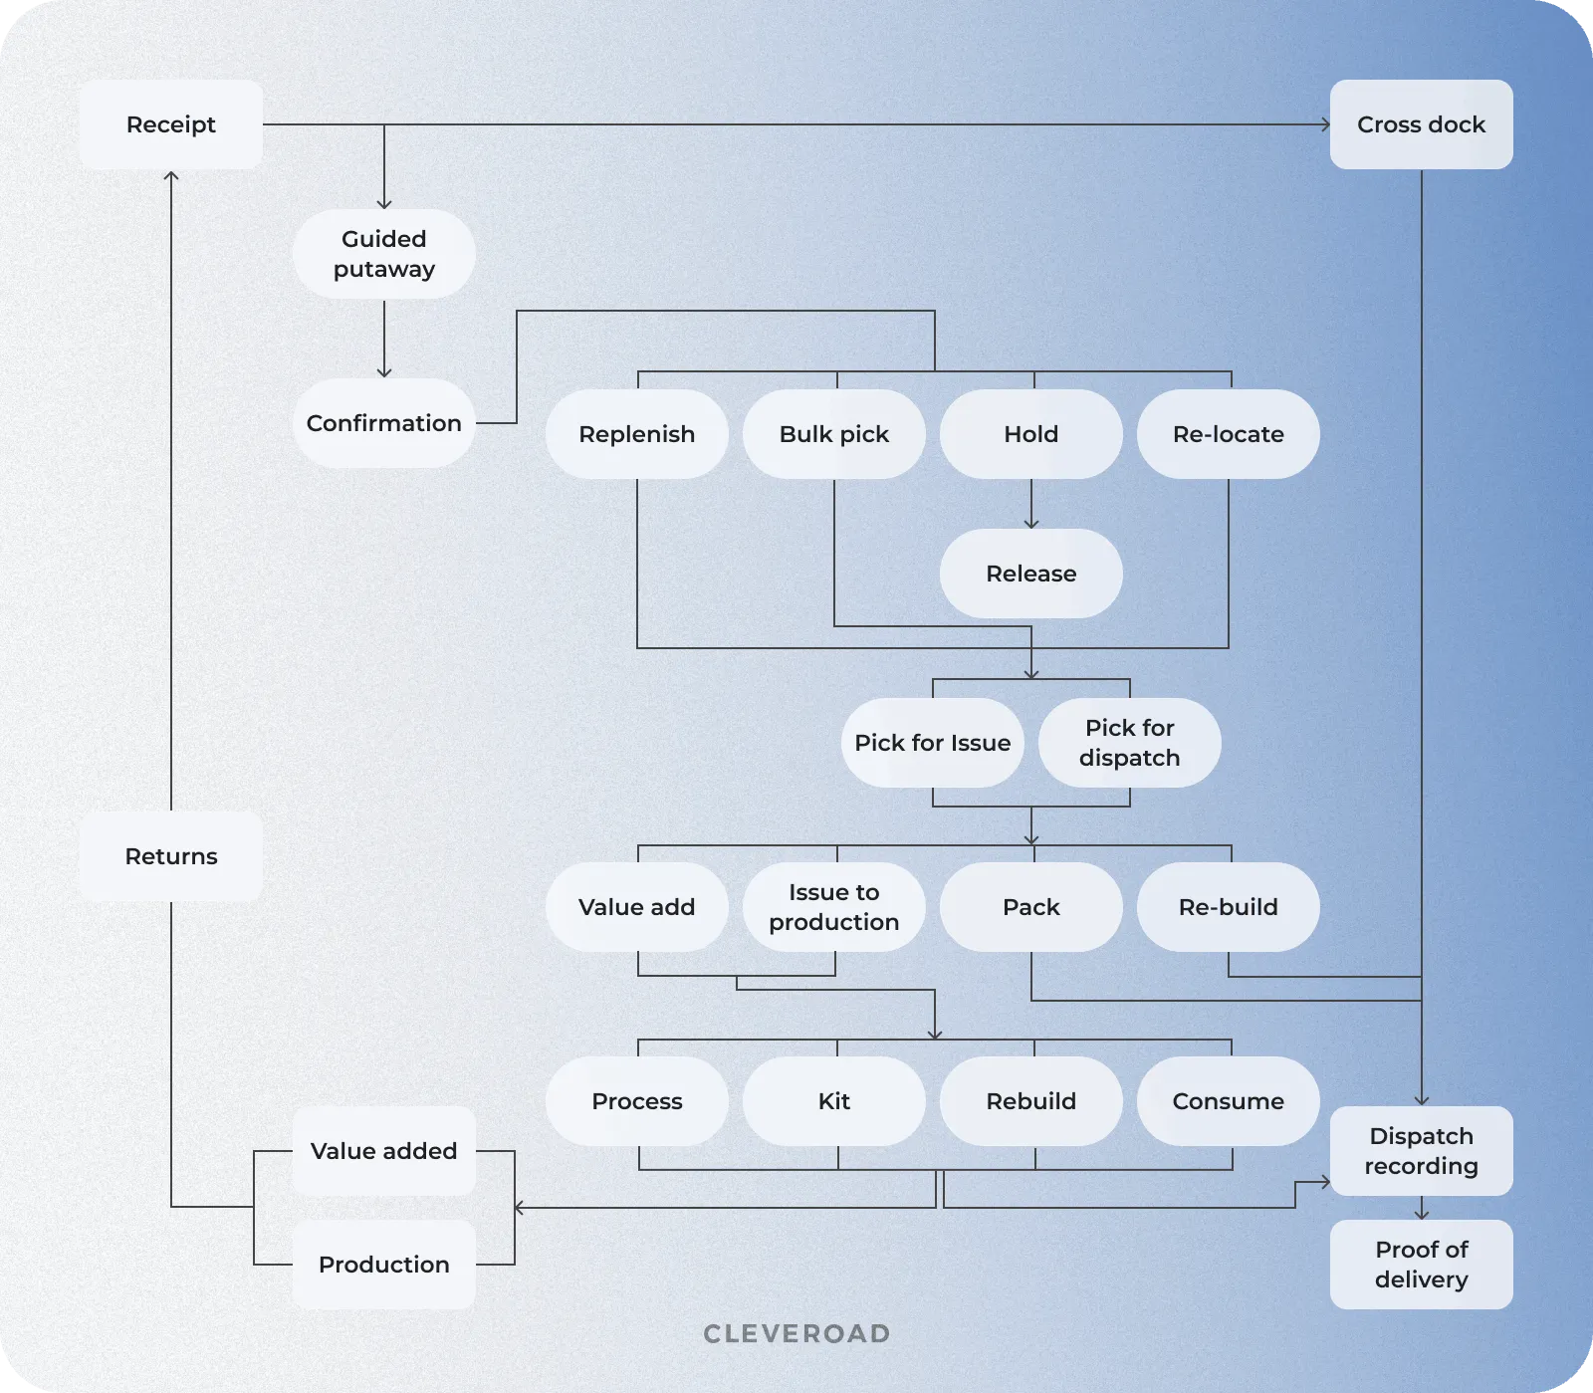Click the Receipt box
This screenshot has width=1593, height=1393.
(171, 124)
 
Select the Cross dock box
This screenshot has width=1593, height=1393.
(1421, 124)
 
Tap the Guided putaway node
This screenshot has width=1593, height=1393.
(383, 254)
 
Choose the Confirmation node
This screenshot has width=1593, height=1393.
(383, 423)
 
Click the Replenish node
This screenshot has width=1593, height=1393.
(636, 434)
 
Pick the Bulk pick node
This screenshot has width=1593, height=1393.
(833, 434)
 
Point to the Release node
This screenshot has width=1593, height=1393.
(1030, 574)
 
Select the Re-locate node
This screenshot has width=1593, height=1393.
(1228, 434)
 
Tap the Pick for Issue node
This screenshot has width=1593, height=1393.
(932, 743)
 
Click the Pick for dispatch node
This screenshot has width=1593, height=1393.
(1129, 743)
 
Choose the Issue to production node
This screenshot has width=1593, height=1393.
(833, 907)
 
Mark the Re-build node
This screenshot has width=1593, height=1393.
(1228, 907)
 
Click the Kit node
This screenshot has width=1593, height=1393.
(833, 1101)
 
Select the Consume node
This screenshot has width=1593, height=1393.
(1228, 1101)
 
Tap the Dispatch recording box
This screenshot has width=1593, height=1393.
(1421, 1151)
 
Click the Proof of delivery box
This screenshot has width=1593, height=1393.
(1421, 1265)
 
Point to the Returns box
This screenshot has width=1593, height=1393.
(171, 856)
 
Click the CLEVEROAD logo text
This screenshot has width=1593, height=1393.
(796, 1334)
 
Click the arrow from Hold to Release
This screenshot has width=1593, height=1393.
(1031, 504)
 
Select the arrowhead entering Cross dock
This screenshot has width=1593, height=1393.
(1325, 124)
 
